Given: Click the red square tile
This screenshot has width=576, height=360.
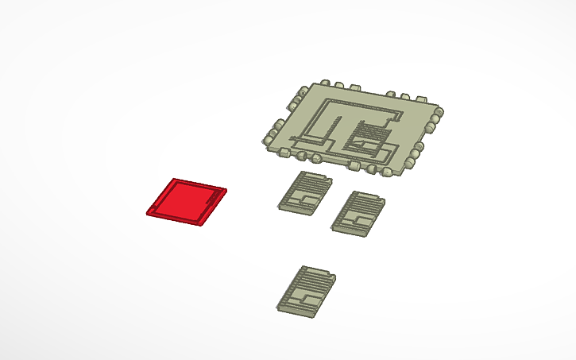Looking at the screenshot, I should coord(187,201).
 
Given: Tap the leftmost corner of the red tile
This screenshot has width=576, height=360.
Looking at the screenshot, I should coord(148,212).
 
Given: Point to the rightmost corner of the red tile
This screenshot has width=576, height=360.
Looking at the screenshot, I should coord(226,191).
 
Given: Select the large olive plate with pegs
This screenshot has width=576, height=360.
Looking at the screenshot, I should coord(354,126).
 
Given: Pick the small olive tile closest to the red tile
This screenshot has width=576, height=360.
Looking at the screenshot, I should coord(303,192).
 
